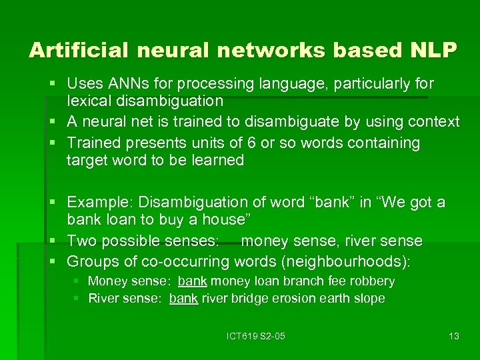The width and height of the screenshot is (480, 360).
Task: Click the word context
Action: pyautogui.click(x=431, y=121)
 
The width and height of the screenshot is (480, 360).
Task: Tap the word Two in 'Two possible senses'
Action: pyautogui.click(x=81, y=240)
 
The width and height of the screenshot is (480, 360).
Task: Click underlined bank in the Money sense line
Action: pyautogui.click(x=192, y=281)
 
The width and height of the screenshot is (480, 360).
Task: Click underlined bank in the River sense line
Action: pyautogui.click(x=183, y=299)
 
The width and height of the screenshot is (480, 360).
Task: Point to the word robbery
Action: pyautogui.click(x=371, y=281)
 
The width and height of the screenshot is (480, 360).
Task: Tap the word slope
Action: pyautogui.click(x=370, y=299)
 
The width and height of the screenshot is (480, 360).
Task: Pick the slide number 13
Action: pyautogui.click(x=453, y=336)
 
